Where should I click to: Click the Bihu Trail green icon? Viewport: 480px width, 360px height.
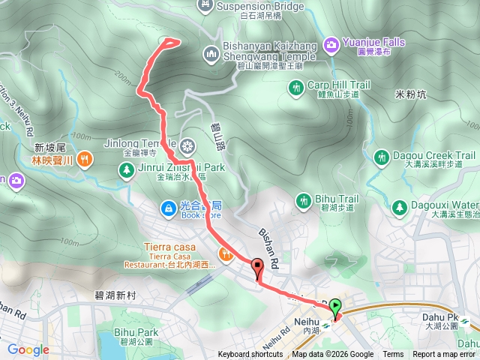pyautogui.click(x=304, y=201)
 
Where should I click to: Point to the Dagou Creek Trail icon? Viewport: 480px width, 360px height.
pyautogui.click(x=381, y=157)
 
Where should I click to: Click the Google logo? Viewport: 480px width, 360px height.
pyautogui.click(x=28, y=349)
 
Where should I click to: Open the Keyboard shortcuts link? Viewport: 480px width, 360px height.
pyautogui.click(x=251, y=355)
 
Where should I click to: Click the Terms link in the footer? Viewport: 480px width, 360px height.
pyautogui.click(x=393, y=355)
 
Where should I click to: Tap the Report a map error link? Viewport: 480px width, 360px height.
pyautogui.click(x=445, y=355)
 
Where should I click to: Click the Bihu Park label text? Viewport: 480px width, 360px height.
pyautogui.click(x=136, y=331)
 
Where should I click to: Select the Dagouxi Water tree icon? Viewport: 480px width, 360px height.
pyautogui.click(x=399, y=205)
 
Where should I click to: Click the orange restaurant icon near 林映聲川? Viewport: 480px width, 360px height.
pyautogui.click(x=87, y=158)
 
